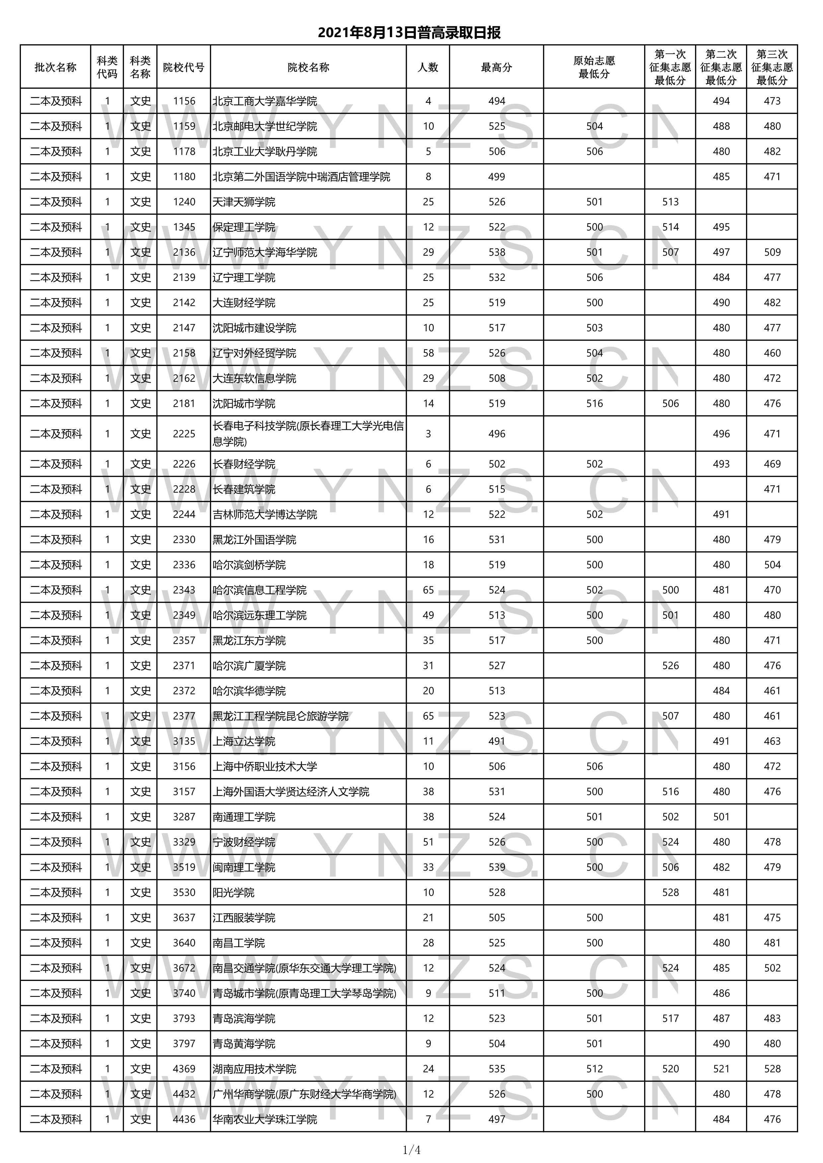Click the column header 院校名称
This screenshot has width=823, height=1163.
pos(308,67)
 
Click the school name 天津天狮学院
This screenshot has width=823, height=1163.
pos(244,202)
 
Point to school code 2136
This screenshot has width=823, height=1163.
pos(184,252)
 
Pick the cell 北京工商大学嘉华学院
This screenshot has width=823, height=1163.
pos(264,101)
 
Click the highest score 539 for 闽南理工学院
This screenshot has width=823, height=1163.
pos(497,867)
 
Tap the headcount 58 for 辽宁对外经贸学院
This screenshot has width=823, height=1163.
pos(428,353)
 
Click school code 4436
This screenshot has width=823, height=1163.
pos(184,1119)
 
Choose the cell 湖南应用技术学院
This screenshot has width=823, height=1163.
pos(255,1069)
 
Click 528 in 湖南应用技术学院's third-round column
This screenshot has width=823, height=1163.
pos(772,1069)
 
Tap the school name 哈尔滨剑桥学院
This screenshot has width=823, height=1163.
pos(249,565)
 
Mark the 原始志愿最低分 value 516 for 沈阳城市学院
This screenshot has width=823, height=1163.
pos(594,404)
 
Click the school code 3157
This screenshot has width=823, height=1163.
pos(184,792)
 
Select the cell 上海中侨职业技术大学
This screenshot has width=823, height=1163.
pos(264,766)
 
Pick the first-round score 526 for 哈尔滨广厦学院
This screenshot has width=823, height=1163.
pos(670,666)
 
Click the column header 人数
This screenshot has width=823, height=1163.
pos(428,67)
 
